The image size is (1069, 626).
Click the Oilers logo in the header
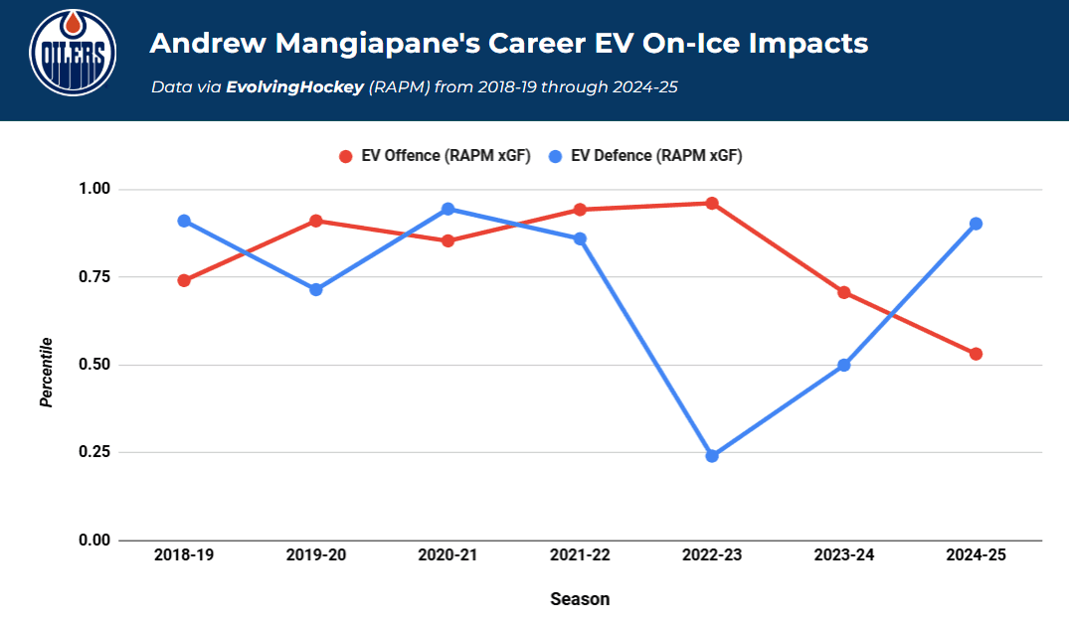[x=73, y=52]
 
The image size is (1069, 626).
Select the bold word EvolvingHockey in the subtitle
[x=294, y=87]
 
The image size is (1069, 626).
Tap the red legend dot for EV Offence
[x=346, y=156]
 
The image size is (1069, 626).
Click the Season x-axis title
[x=580, y=599]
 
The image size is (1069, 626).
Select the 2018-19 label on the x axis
[x=184, y=555]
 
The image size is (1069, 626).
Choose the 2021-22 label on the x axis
[x=580, y=555]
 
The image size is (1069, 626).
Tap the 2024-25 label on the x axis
[x=976, y=555]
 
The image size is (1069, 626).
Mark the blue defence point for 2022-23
[x=712, y=456]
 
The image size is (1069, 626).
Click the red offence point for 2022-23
[x=712, y=204]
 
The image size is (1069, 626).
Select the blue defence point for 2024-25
[x=976, y=224]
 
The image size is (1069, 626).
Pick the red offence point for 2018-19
[x=184, y=280]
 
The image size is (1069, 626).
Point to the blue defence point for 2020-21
[x=447, y=209]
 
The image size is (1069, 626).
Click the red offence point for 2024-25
[x=976, y=354]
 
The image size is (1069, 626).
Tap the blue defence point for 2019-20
[x=316, y=290]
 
